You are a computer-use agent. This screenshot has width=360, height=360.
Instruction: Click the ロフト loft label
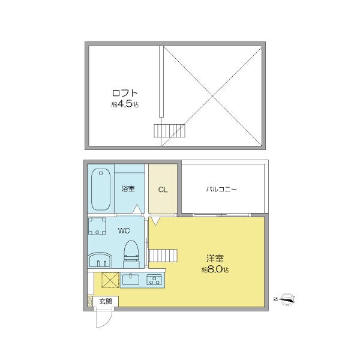tap(125, 94)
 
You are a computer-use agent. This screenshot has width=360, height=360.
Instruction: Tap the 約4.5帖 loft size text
tap(125, 104)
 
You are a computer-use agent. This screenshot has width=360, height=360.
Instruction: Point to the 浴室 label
tap(128, 189)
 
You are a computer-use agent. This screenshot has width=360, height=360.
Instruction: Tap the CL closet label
tap(163, 190)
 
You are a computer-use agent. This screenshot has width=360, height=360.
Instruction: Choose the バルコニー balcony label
tap(221, 189)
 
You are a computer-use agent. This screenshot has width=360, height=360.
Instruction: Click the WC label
tap(124, 230)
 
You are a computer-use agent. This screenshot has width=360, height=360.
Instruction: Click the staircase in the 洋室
tap(164, 256)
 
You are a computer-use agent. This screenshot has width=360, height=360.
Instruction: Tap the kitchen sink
tap(131, 279)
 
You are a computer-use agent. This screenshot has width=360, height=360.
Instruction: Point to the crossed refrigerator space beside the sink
tap(110, 280)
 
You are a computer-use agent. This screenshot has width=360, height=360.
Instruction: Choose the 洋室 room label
tap(215, 259)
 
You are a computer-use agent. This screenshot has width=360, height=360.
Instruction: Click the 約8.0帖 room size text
tap(215, 270)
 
